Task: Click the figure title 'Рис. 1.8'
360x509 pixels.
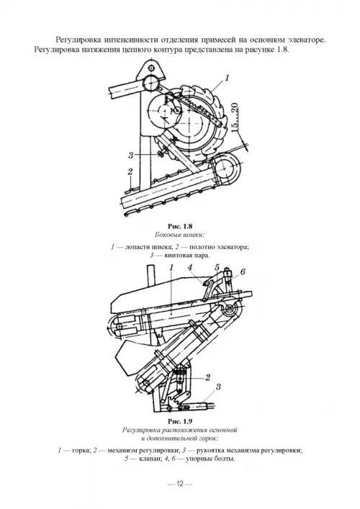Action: pyautogui.click(x=180, y=226)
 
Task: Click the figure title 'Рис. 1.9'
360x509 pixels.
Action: pyautogui.click(x=180, y=421)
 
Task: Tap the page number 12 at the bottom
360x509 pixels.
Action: pyautogui.click(x=180, y=484)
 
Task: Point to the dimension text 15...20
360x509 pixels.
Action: pyautogui.click(x=235, y=117)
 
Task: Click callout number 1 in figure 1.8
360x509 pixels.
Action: pyautogui.click(x=227, y=78)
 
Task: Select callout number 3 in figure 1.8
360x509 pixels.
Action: pyautogui.click(x=130, y=156)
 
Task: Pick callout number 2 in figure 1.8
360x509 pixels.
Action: pyautogui.click(x=130, y=171)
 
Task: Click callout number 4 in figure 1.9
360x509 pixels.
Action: pyautogui.click(x=190, y=267)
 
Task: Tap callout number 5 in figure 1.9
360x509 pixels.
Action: pyautogui.click(x=217, y=268)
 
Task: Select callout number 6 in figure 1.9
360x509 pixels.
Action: pyautogui.click(x=243, y=272)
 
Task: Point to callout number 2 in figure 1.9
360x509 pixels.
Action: pyautogui.click(x=207, y=377)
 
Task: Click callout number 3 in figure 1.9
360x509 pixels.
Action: pyautogui.click(x=218, y=387)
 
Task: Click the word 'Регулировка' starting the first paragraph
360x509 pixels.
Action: pyautogui.click(x=77, y=40)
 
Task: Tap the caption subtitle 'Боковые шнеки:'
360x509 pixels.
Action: pyautogui.click(x=179, y=235)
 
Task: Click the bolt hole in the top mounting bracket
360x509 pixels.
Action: pyautogui.click(x=150, y=68)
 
